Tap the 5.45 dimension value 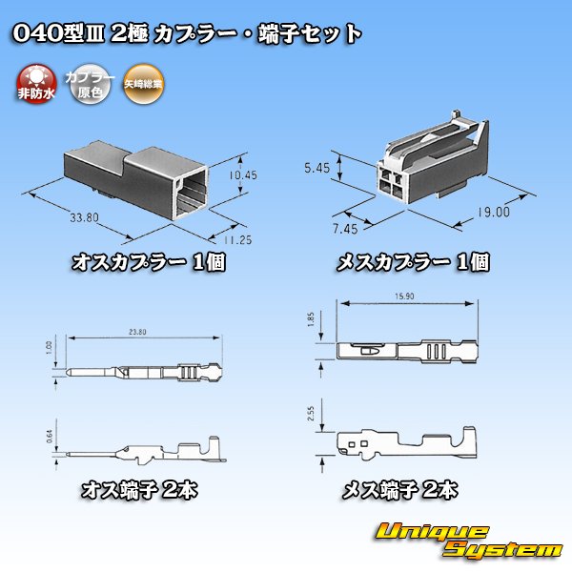(318, 168)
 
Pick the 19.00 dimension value (494, 213)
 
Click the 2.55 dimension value (324, 414)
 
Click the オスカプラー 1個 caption (149, 262)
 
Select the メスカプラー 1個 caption (412, 262)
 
